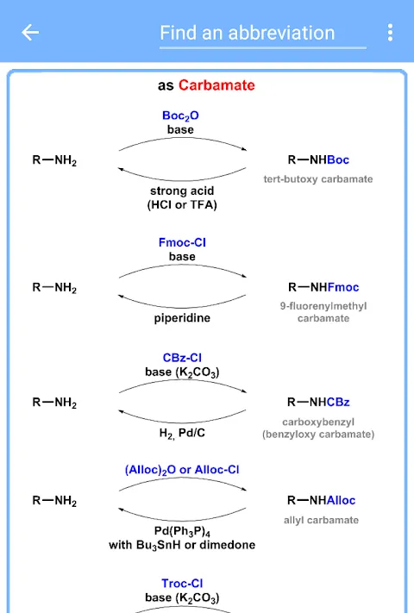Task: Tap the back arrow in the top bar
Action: [30, 33]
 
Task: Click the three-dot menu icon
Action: [390, 33]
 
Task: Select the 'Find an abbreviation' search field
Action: [263, 34]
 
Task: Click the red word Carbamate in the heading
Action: [216, 85]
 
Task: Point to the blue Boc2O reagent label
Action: [180, 116]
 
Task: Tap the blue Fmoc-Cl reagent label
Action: [182, 242]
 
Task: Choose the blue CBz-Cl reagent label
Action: [182, 358]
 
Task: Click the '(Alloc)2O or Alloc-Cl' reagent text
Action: [182, 470]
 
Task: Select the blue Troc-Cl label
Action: [182, 584]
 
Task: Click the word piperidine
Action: [182, 318]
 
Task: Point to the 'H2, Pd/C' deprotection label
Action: [182, 433]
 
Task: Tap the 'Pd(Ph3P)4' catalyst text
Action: [182, 531]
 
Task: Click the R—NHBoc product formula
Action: [318, 160]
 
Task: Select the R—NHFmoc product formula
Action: [323, 287]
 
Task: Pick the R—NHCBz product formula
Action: [318, 402]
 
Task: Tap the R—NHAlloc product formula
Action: [322, 500]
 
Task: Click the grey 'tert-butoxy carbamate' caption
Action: [318, 179]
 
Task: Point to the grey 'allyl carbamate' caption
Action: [322, 520]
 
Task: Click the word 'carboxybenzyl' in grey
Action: [318, 422]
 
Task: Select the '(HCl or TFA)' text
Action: [182, 205]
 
